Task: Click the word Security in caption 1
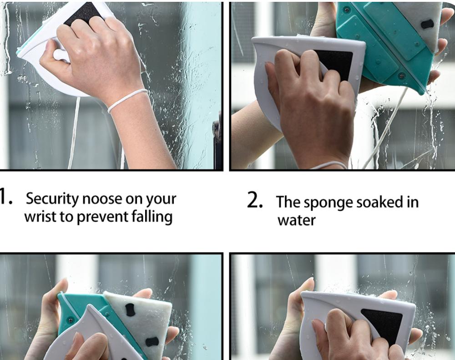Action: pyautogui.click(x=52, y=199)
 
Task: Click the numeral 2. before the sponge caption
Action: pyautogui.click(x=255, y=200)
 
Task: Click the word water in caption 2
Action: pyautogui.click(x=296, y=220)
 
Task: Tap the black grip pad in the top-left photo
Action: pyautogui.click(x=84, y=13)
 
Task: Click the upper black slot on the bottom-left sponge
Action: pyautogui.click(x=129, y=310)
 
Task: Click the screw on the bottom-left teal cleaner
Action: pyautogui.click(x=70, y=320)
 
